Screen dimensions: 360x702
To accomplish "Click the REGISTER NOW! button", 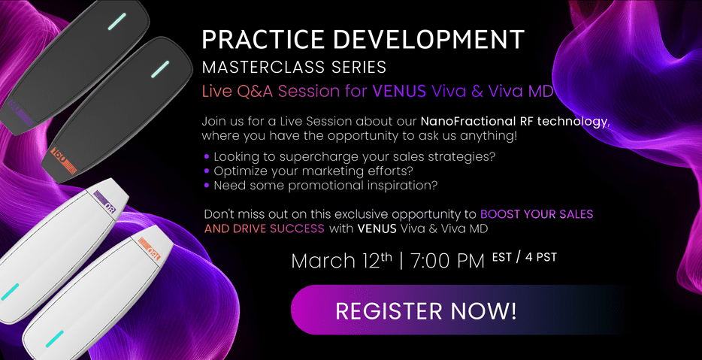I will point(425,310).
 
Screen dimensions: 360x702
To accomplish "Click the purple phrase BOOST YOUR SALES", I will point(536,214).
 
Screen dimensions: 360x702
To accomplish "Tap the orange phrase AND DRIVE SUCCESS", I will point(264,228).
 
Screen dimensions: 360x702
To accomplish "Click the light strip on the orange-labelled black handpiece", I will point(160,70).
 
